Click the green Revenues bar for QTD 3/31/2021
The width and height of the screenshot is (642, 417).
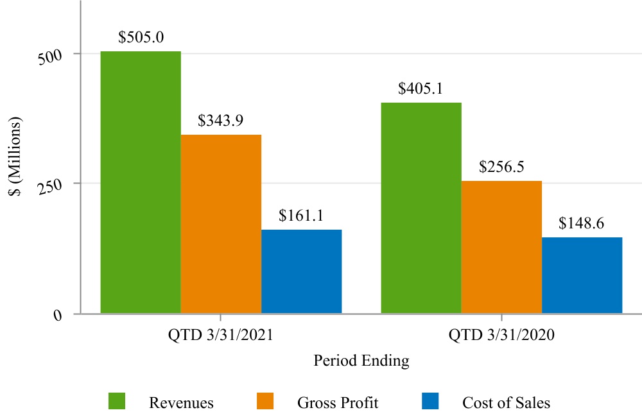point(141,182)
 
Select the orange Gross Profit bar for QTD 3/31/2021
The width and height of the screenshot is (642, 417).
point(221,224)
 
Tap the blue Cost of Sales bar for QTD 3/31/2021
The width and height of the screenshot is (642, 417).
point(301,271)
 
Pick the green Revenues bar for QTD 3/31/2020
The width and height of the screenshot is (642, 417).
point(421,208)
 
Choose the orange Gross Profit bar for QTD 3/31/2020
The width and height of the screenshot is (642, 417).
point(501,247)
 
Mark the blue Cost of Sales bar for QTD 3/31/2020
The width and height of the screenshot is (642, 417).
point(582,275)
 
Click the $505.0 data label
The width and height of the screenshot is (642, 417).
point(141,37)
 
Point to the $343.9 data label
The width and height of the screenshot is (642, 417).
point(220,121)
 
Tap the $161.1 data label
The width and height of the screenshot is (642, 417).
point(301,216)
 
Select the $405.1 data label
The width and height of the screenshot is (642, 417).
point(421,89)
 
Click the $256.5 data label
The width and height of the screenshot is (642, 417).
point(501,167)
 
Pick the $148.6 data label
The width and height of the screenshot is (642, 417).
point(581,223)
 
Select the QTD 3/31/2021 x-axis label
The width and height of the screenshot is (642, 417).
point(221,335)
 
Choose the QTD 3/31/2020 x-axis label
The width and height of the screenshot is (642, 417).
point(501,335)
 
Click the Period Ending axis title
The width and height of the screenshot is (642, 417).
point(361,361)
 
